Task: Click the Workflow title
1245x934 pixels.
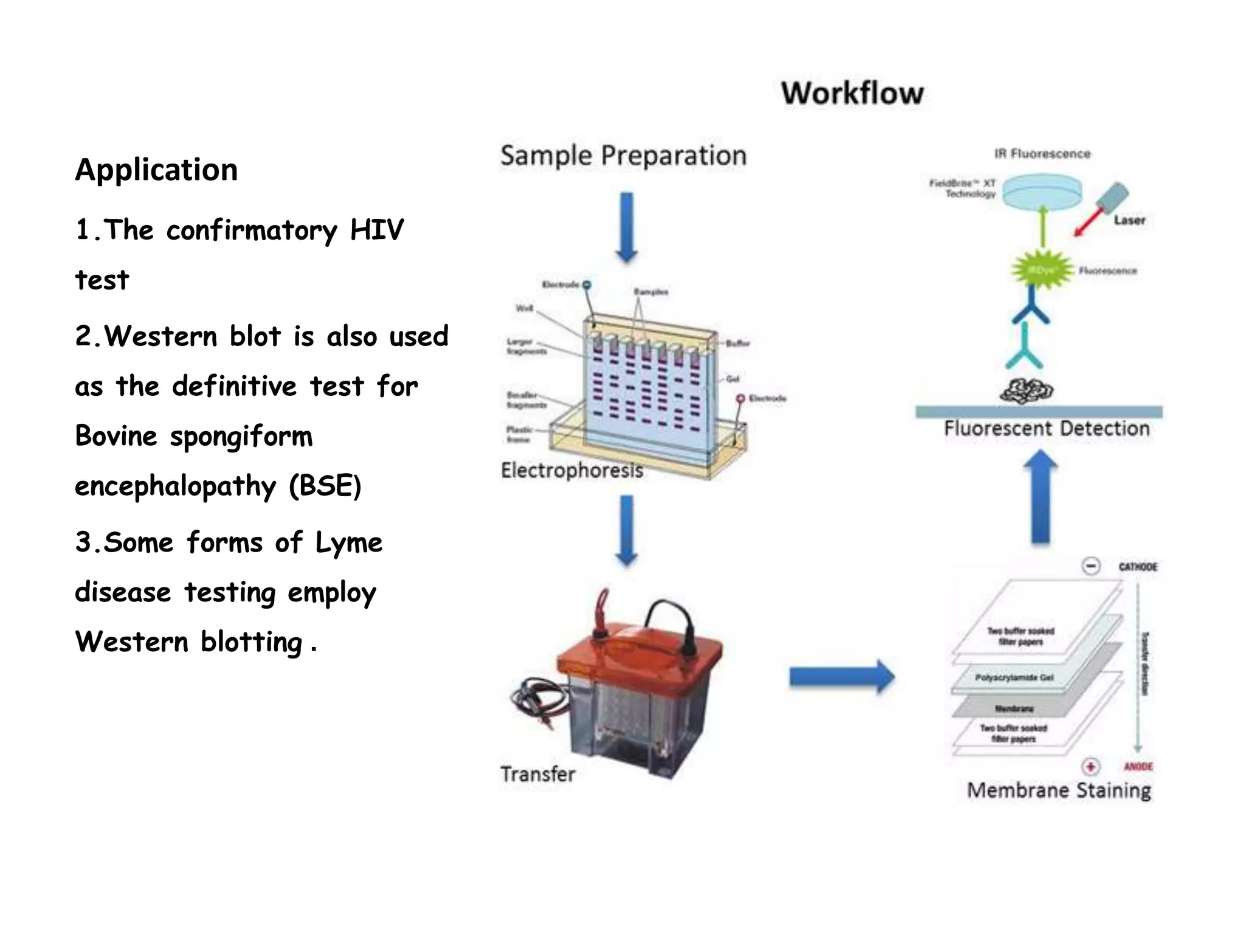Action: (852, 93)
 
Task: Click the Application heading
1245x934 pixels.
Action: (156, 169)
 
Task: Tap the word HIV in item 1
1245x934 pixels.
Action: (376, 230)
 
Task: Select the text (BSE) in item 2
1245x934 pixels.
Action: (325, 486)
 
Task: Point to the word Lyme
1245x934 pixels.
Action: (348, 542)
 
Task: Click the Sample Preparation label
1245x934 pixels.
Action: (623, 156)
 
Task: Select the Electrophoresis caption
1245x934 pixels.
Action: (571, 470)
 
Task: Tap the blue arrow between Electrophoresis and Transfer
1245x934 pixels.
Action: (627, 530)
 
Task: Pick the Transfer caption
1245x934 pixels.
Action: (537, 774)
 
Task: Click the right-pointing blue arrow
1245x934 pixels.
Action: (841, 676)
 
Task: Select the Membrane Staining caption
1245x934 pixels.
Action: (1058, 790)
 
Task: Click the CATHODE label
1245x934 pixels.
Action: (1137, 567)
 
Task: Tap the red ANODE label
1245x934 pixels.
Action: (1138, 767)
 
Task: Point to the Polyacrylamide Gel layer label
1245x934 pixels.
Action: (1014, 677)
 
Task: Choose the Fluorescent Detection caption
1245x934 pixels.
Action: (1046, 429)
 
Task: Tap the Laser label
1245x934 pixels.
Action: (1129, 220)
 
